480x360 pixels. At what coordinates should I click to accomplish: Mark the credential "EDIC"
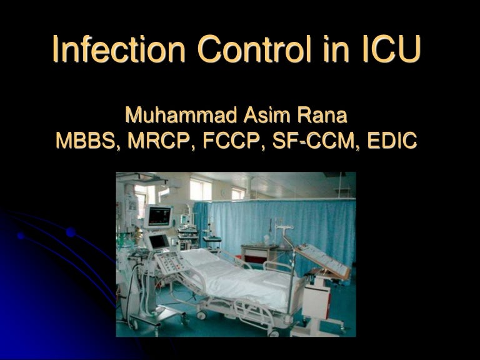[390, 141]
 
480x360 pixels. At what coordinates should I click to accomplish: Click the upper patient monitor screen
[159, 216]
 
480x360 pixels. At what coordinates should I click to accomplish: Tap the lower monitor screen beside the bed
[158, 241]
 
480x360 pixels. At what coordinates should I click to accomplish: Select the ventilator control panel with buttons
[170, 262]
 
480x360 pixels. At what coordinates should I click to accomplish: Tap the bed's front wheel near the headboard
[201, 316]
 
